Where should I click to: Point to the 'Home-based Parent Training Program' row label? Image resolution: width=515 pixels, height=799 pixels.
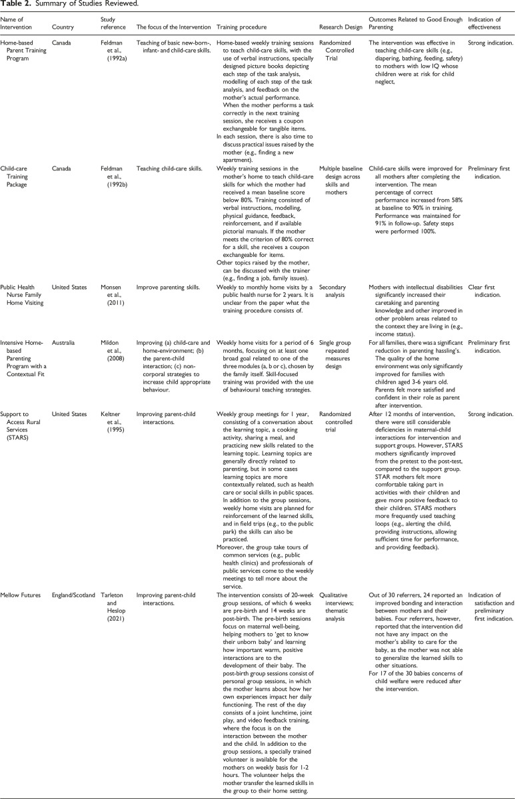coord(23,51)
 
